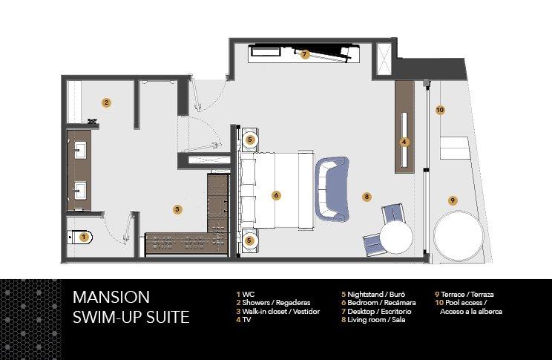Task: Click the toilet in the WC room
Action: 80,238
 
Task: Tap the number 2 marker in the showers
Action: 106,103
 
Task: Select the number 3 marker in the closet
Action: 177,209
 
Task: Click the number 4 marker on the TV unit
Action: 404,142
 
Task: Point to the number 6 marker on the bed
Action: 276,195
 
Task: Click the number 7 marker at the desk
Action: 305,54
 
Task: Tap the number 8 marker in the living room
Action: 367,197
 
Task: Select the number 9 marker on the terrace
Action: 453,200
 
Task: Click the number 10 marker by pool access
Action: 440,110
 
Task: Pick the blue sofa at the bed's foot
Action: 332,189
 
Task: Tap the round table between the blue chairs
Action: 396,236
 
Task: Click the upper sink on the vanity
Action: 80,150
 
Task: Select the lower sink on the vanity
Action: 80,190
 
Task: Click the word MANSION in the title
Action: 111,297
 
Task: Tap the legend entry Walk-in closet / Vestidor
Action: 277,312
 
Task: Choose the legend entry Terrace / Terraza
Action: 464,295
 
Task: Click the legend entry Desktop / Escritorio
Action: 376,312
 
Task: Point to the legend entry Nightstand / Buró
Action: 373,295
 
